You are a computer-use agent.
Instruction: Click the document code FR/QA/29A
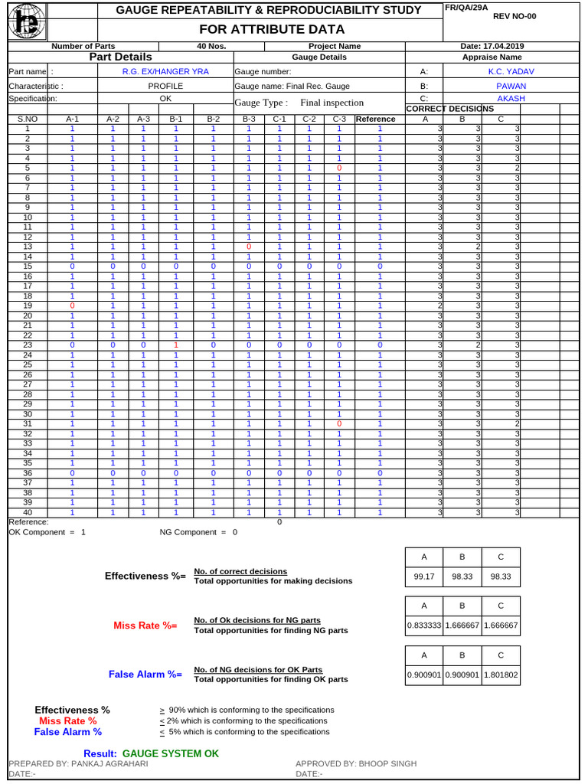pyautogui.click(x=466, y=7)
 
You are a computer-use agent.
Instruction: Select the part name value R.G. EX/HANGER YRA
pyautogui.click(x=165, y=71)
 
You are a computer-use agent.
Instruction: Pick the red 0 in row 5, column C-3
pyautogui.click(x=338, y=168)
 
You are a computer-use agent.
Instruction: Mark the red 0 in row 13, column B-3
pyautogui.click(x=249, y=247)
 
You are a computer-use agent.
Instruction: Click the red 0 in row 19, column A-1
pyautogui.click(x=72, y=305)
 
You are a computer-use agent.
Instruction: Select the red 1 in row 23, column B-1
pyautogui.click(x=175, y=345)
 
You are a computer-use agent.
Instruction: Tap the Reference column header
pyautogui.click(x=375, y=119)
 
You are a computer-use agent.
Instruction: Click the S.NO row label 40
pyautogui.click(x=28, y=512)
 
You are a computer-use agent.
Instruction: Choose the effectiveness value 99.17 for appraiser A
pyautogui.click(x=423, y=577)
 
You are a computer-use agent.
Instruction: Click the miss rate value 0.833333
pyautogui.click(x=423, y=626)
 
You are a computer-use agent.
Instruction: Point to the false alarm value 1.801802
pyautogui.click(x=501, y=675)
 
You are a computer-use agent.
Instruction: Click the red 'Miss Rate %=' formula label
pyautogui.click(x=145, y=626)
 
